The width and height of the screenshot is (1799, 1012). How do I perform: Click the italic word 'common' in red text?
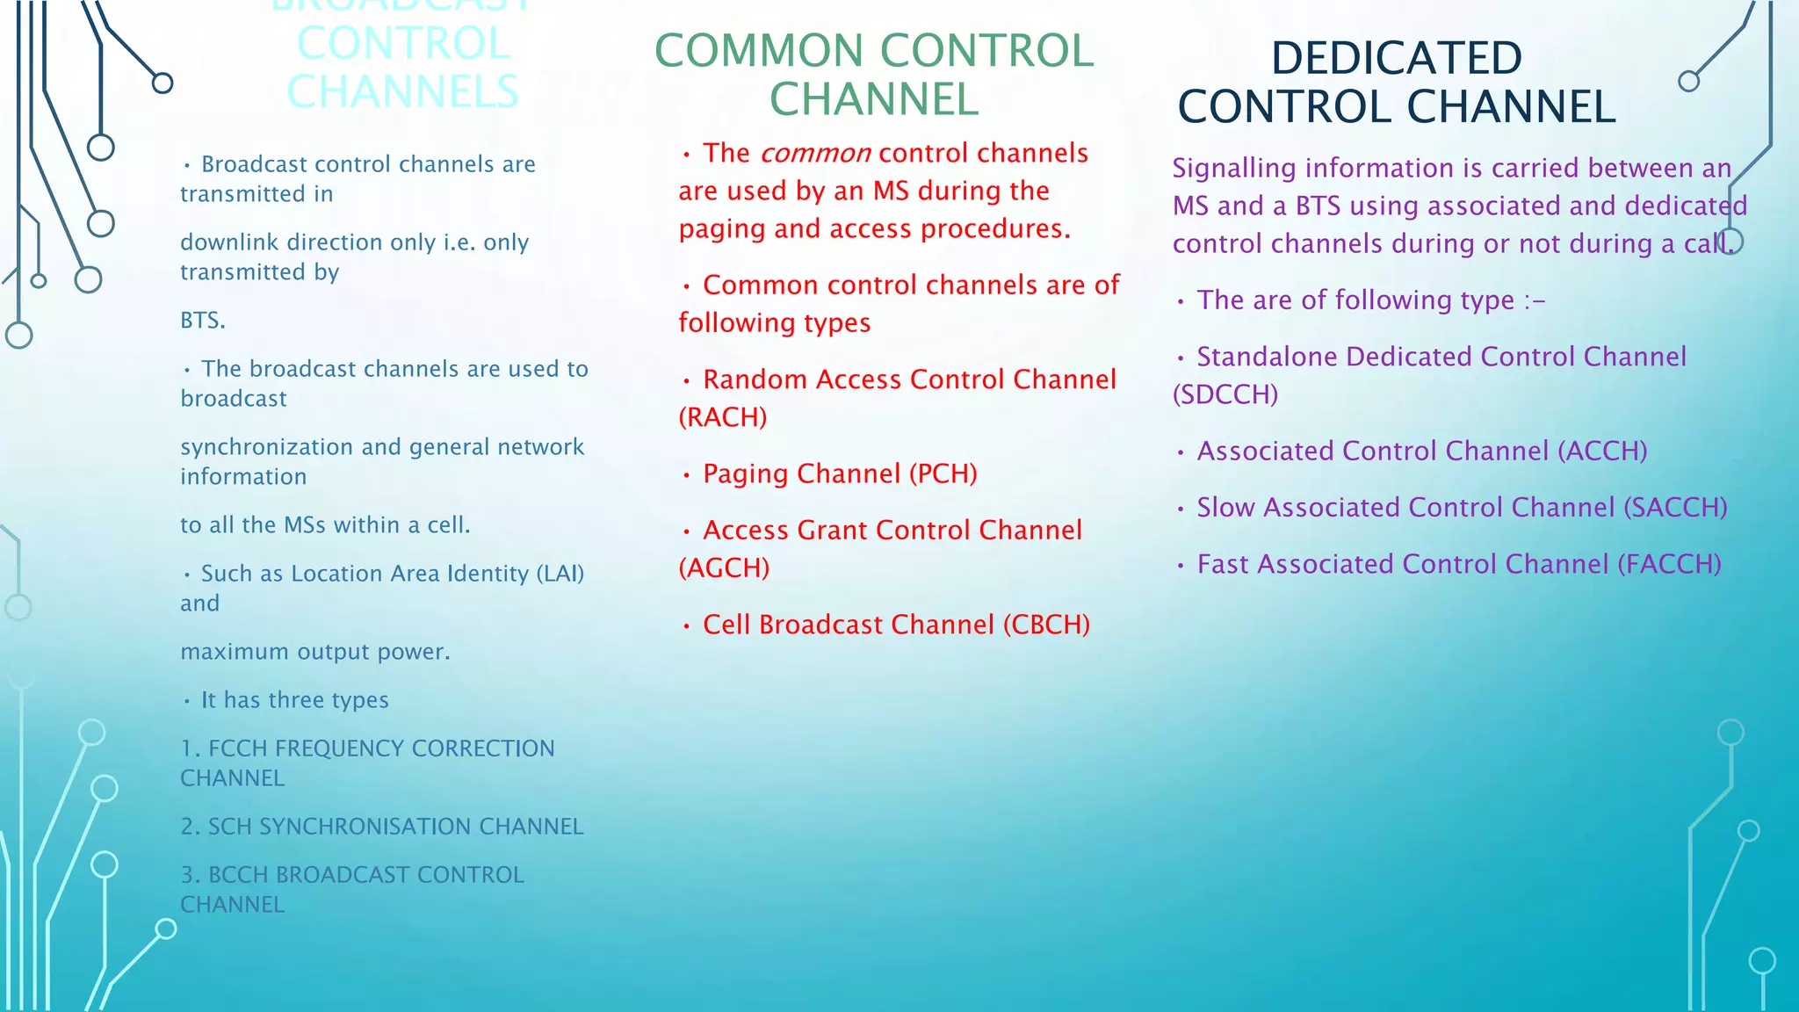[815, 154]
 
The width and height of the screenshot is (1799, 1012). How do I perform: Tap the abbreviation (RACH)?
[723, 417]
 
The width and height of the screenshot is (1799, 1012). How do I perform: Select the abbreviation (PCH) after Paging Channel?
[943, 474]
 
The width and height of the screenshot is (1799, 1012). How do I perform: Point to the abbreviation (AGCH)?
[724, 568]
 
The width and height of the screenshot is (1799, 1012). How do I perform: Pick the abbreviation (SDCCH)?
[1225, 394]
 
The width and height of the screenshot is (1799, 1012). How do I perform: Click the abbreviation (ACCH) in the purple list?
[1602, 452]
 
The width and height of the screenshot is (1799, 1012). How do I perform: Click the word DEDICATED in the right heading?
[1396, 59]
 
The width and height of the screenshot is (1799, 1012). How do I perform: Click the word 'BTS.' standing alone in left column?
[203, 321]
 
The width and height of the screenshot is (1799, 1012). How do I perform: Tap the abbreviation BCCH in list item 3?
[238, 875]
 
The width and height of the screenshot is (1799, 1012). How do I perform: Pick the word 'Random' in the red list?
[755, 379]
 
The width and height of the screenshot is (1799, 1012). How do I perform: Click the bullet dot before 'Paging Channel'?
[687, 476]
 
